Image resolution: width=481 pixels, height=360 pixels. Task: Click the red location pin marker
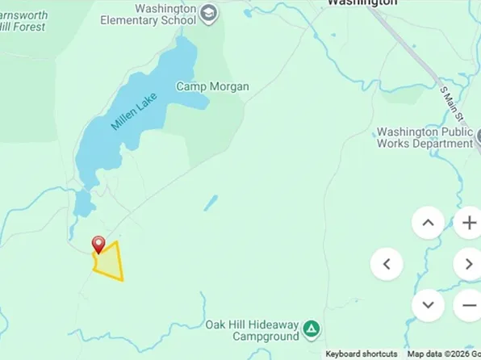(98, 245)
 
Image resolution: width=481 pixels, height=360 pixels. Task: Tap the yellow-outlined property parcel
(109, 262)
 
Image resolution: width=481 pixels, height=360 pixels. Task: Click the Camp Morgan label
(212, 86)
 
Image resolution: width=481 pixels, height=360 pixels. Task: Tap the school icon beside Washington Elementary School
(209, 13)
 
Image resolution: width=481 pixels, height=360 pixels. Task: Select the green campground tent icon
(312, 330)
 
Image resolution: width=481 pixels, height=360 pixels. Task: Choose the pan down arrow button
(428, 304)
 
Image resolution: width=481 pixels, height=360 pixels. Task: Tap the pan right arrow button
(468, 263)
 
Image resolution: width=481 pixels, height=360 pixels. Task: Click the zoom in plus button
(468, 222)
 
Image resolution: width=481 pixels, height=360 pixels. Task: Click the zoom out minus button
(468, 305)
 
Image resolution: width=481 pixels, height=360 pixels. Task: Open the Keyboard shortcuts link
(362, 354)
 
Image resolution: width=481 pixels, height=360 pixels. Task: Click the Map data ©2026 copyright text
(443, 354)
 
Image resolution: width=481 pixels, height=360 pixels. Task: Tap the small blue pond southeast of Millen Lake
(210, 202)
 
